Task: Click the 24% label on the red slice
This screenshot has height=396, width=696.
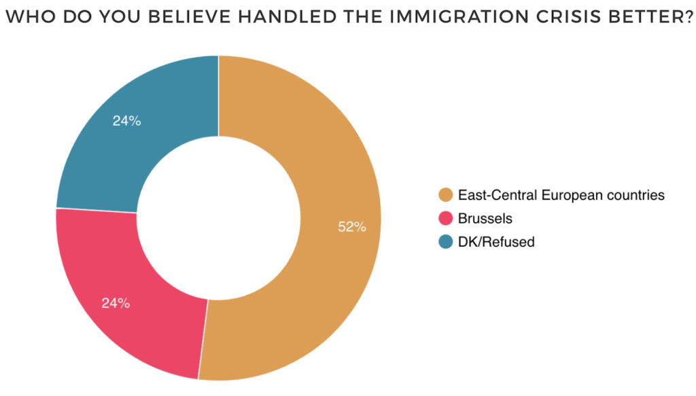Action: [x=116, y=304]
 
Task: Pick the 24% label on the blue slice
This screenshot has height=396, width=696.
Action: [x=126, y=122]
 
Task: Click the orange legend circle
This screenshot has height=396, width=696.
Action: [x=446, y=196]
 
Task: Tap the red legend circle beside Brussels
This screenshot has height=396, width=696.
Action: [x=446, y=219]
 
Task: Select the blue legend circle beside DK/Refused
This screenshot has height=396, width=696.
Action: [x=446, y=241]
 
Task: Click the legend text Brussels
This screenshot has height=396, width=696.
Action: [x=485, y=219]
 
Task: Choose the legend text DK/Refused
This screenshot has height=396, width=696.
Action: [x=496, y=241]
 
